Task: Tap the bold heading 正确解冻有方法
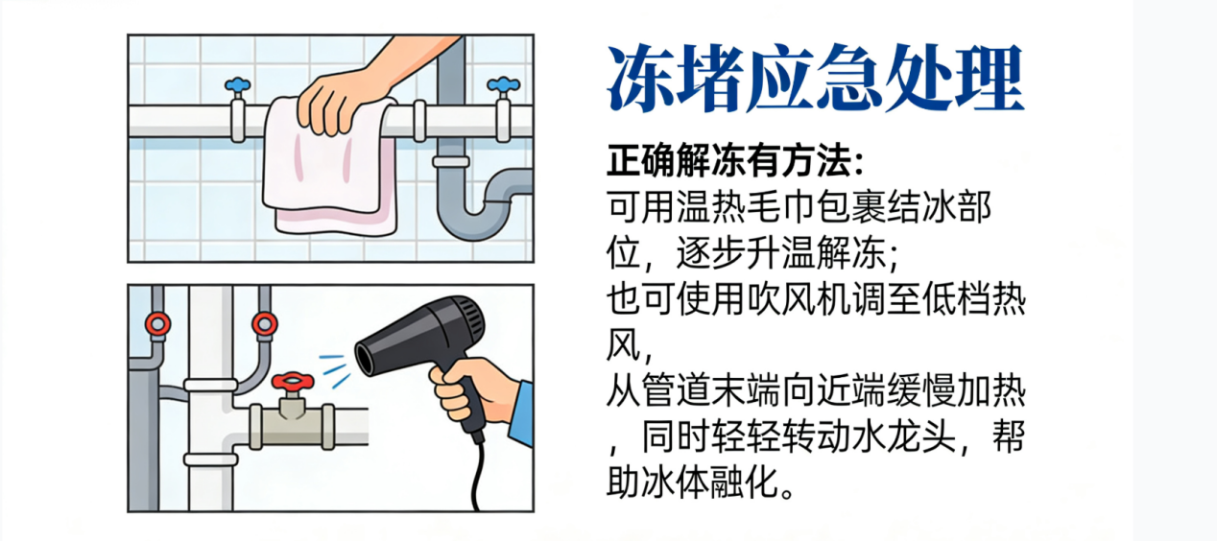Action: tap(729, 161)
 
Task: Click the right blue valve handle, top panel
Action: tap(502, 87)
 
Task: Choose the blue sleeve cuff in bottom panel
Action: tap(521, 412)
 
